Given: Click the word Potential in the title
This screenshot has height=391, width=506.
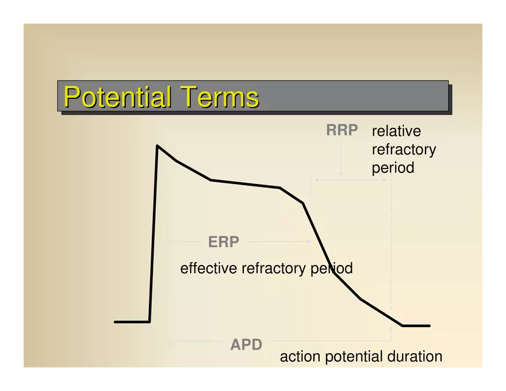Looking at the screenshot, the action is point(117,97).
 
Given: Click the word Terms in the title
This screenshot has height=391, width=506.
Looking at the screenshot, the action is point(220,97).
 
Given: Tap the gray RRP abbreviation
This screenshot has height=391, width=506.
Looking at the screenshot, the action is point(342,130).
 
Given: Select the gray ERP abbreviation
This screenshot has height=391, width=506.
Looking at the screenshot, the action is point(224,241).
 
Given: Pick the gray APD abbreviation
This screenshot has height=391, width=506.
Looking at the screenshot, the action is point(246,344).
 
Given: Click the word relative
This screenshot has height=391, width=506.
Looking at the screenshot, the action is point(396,131).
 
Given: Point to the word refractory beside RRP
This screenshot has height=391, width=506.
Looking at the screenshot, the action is point(404,150).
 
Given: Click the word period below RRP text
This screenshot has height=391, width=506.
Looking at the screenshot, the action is point(393,168).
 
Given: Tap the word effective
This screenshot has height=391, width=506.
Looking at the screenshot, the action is point(209,269).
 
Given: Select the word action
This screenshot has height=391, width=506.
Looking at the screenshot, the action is point(300,357).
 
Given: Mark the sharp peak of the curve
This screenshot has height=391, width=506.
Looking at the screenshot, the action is point(157,145).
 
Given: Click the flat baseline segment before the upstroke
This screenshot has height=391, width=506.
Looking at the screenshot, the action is point(132,321).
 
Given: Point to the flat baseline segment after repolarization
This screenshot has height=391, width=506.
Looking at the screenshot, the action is point(416,326).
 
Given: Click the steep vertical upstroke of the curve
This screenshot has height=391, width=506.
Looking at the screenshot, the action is point(154,233).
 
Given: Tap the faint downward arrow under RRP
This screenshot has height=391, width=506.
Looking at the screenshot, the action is point(341,157).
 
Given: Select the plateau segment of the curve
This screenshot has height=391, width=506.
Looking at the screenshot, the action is point(246,183).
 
